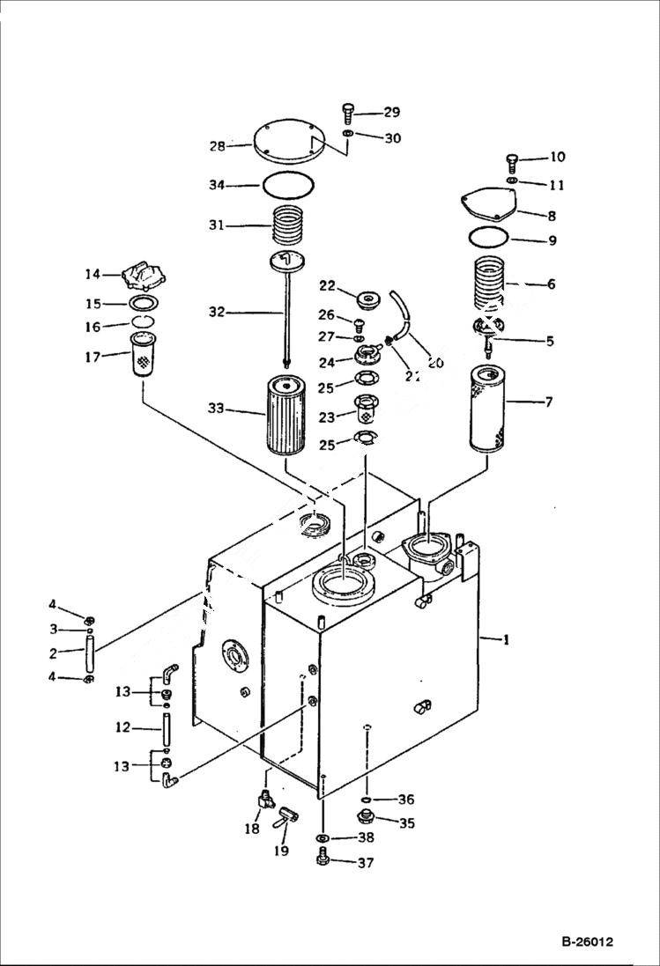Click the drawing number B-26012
[x=586, y=942]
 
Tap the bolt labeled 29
[x=348, y=113]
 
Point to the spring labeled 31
[x=288, y=226]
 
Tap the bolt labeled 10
[x=513, y=161]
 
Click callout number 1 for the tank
[x=505, y=641]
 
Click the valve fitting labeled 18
[x=264, y=800]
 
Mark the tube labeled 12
[x=165, y=727]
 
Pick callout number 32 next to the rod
[x=217, y=312]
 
